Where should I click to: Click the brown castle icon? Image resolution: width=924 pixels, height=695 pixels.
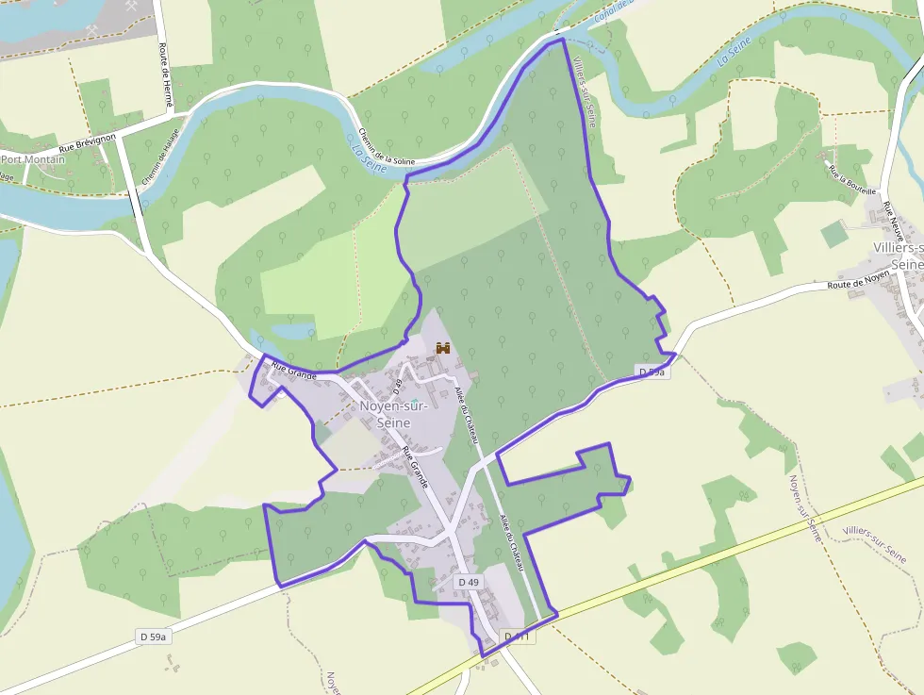pyautogui.click(x=442, y=348)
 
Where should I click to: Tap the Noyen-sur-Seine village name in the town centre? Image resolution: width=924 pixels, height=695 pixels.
pyautogui.click(x=393, y=415)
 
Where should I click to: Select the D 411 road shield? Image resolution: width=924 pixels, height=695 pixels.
pyautogui.click(x=519, y=637)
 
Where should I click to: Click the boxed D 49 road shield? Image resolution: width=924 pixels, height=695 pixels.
pyautogui.click(x=469, y=582)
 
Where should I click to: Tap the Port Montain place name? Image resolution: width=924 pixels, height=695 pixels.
pyautogui.click(x=34, y=159)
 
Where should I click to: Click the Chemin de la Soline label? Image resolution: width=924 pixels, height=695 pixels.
pyautogui.click(x=387, y=148)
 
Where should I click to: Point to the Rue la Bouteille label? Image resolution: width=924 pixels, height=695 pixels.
pyautogui.click(x=851, y=178)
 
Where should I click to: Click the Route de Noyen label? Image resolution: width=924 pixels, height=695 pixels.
pyautogui.click(x=858, y=280)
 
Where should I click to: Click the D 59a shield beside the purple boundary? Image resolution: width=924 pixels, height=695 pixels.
pyautogui.click(x=652, y=372)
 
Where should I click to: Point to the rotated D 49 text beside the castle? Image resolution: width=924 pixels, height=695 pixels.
pyautogui.click(x=398, y=385)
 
